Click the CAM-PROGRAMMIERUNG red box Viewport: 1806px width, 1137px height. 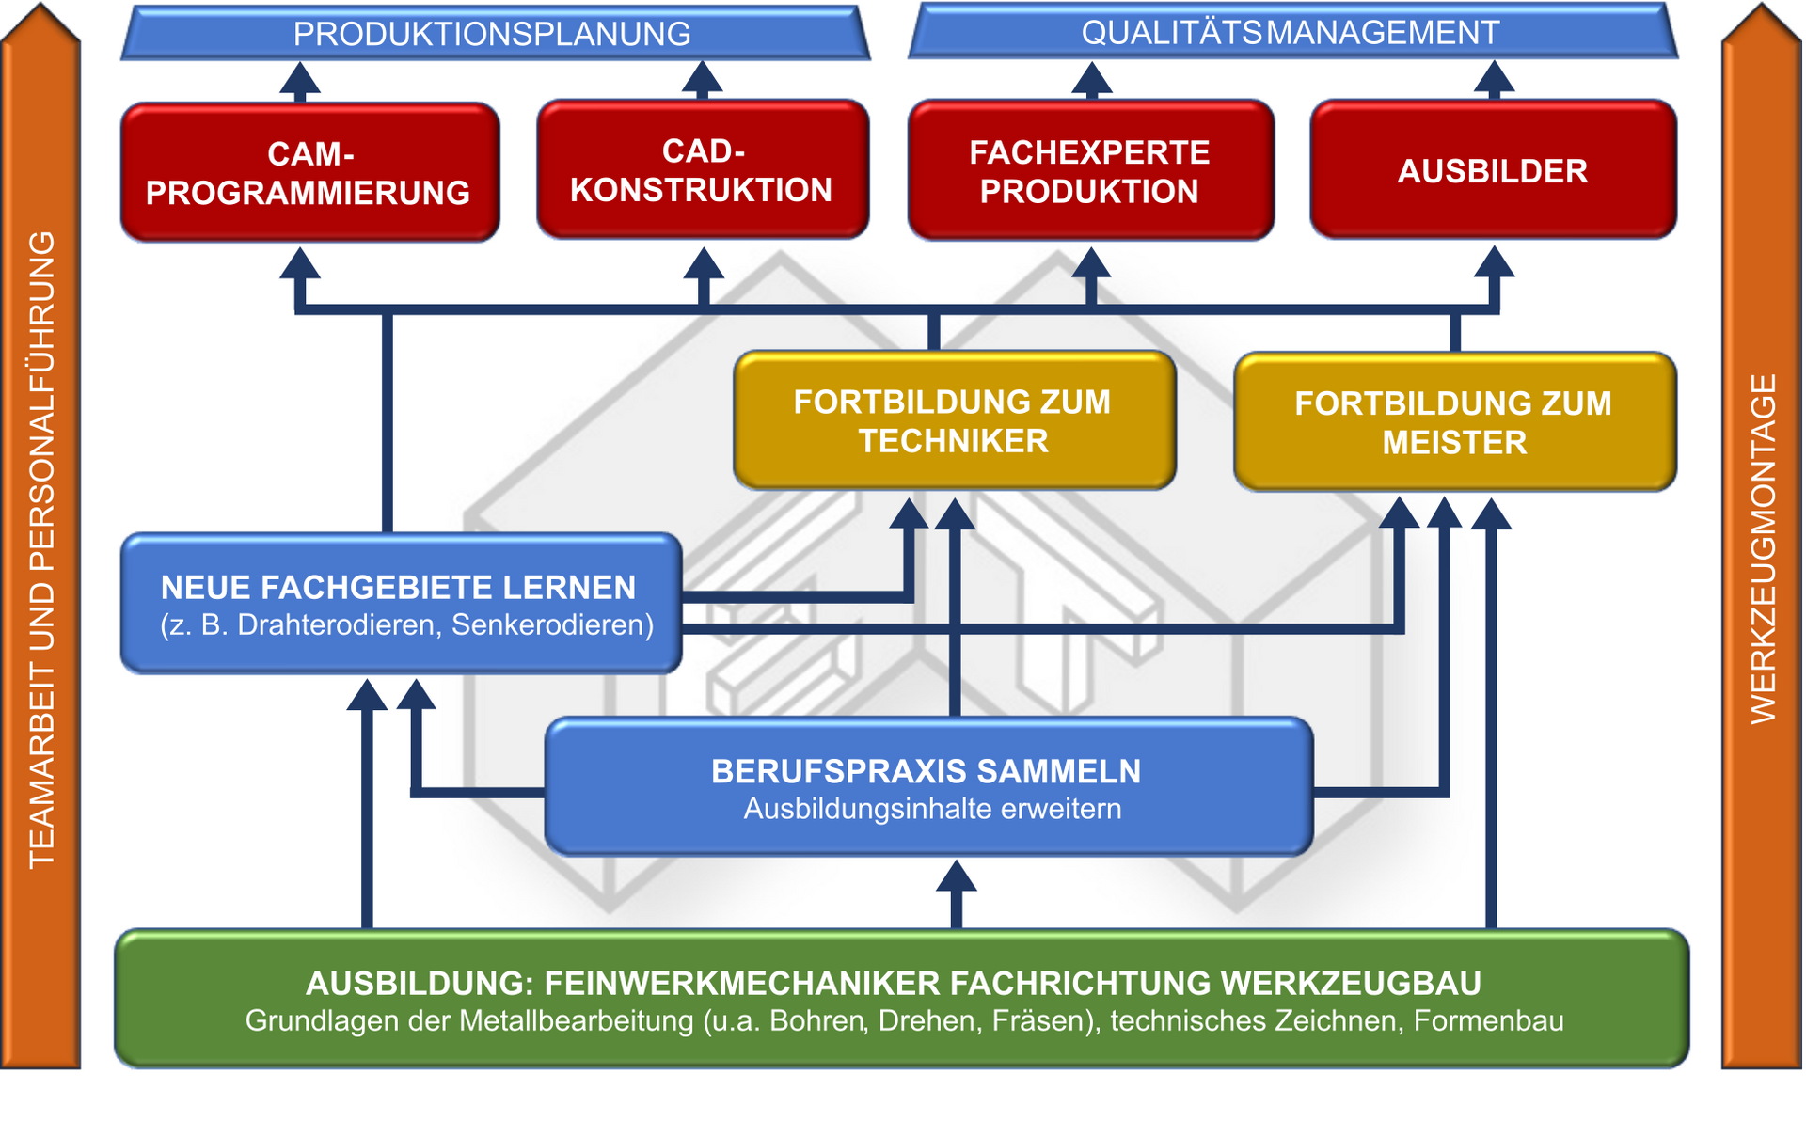coord(309,172)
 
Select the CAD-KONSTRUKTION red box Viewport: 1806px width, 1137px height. coord(702,169)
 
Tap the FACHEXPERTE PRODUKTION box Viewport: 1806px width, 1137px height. coord(1090,171)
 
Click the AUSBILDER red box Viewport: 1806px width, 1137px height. coord(1493,170)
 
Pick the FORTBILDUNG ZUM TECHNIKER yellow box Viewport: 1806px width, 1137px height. coord(953,421)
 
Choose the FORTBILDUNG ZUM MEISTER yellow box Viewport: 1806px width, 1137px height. coord(1453,422)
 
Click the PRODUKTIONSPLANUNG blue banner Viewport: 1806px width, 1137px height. coord(493,34)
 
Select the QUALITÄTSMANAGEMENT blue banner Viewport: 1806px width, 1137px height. coord(1291,33)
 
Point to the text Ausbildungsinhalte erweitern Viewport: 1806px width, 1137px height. coord(932,809)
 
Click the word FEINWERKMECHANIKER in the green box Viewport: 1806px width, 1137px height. coord(741,983)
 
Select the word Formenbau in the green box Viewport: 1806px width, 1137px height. coord(1488,1020)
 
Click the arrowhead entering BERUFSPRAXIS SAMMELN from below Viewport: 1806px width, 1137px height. coord(956,876)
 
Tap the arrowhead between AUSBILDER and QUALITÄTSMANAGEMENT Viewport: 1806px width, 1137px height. coord(1494,76)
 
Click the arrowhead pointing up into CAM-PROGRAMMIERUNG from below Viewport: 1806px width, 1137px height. coord(300,264)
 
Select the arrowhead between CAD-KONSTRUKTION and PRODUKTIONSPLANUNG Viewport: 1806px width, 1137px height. coord(702,76)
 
